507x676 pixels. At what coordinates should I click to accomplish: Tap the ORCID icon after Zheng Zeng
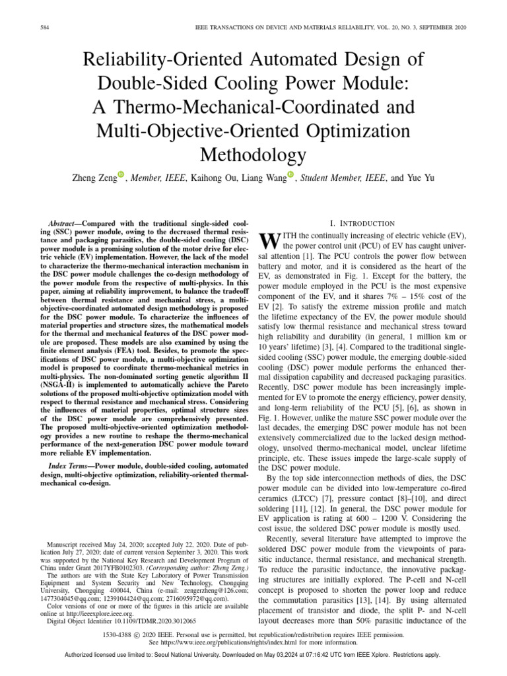[121, 174]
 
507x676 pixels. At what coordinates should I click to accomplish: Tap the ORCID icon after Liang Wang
[290, 174]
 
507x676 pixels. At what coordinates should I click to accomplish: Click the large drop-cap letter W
[269, 240]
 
